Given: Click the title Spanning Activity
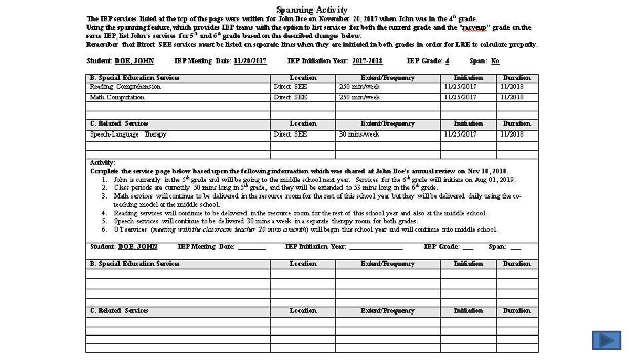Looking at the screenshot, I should click(x=311, y=9).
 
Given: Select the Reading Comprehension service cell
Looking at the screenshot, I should click(x=125, y=87).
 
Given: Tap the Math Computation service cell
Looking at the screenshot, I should click(x=117, y=97).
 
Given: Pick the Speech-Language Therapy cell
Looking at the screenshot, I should click(x=128, y=135).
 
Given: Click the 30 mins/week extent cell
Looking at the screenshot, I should click(x=359, y=135).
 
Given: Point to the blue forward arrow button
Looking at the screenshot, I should click(x=607, y=341).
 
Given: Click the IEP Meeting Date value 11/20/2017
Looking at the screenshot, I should click(x=250, y=61).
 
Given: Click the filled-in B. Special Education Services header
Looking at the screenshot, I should click(x=135, y=78).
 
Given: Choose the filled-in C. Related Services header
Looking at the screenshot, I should click(x=119, y=123).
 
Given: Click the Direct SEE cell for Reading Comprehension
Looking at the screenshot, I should click(x=290, y=87).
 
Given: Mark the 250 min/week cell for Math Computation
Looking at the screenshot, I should click(x=359, y=97).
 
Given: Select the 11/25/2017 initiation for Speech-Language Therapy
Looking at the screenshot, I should click(x=460, y=135).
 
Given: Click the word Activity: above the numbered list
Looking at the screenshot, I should click(x=103, y=163).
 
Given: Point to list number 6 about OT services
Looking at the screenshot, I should click(x=105, y=230).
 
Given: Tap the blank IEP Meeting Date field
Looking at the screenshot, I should click(x=251, y=247).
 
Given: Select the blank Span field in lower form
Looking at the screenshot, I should click(x=515, y=247).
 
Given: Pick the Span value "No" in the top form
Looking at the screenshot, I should click(x=495, y=61).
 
